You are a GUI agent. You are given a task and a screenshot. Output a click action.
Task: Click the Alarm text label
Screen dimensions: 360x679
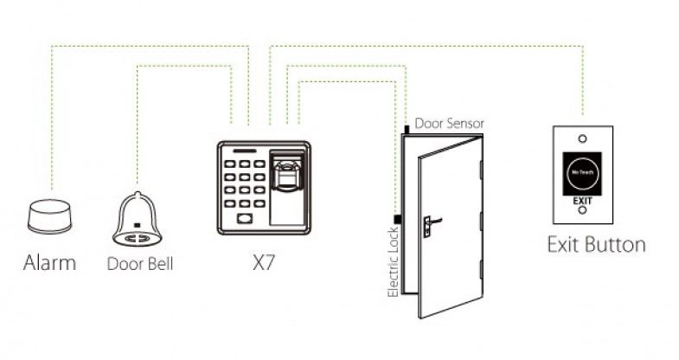[49, 262]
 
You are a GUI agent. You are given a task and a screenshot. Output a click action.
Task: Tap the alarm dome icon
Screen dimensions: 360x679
[49, 215]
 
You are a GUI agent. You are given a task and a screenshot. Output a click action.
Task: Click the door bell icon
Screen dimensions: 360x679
[138, 220]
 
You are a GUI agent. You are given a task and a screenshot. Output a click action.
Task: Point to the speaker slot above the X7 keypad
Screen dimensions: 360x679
[246, 151]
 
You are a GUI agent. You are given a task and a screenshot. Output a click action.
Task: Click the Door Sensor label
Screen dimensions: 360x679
[449, 124]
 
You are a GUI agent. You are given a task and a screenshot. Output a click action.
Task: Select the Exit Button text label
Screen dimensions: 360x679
[596, 244]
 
